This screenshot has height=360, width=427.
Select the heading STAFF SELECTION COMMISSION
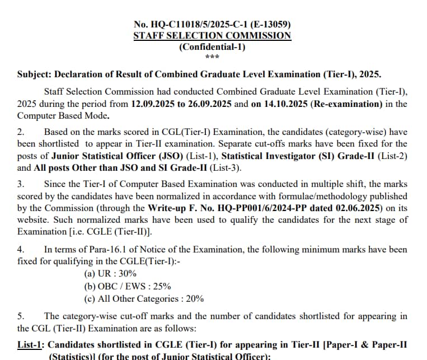click(x=212, y=35)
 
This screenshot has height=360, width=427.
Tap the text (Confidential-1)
click(x=212, y=46)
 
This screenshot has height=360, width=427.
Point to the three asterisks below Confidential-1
click(x=212, y=57)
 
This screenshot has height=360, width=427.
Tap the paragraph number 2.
click(x=21, y=132)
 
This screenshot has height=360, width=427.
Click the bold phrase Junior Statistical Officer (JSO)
click(x=100, y=156)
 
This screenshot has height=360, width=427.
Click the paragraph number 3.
click(x=21, y=184)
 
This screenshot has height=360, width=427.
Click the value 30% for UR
click(x=128, y=274)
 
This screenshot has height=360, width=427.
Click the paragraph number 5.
click(x=21, y=316)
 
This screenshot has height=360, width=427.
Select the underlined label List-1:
click(x=31, y=344)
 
